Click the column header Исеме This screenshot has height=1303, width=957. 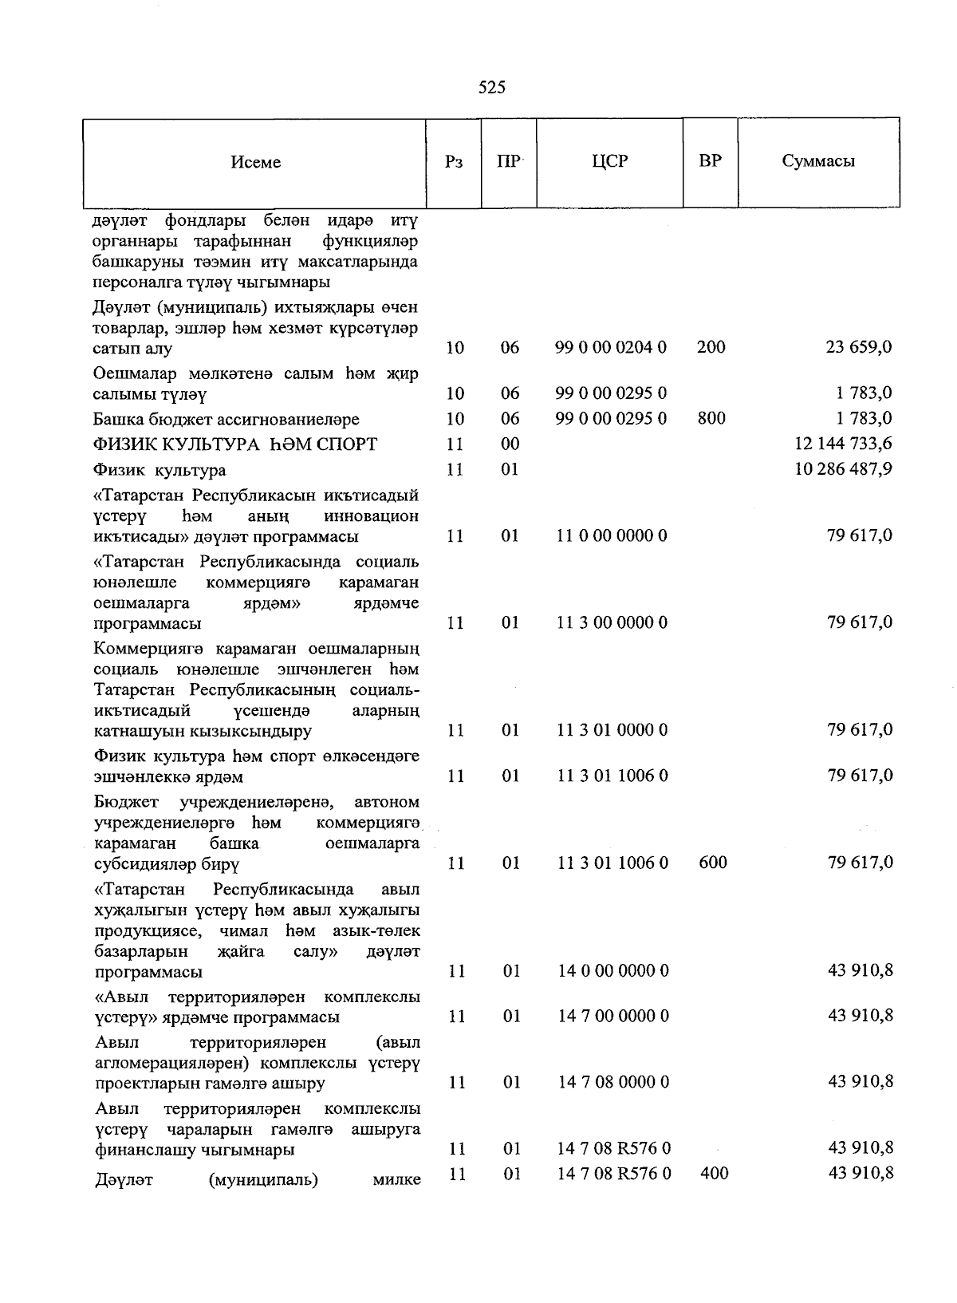pyautogui.click(x=255, y=162)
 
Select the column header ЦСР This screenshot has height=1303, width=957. pyautogui.click(x=610, y=161)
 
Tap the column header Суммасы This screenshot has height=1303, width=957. pyautogui.click(x=818, y=161)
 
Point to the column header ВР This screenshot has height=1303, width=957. pyautogui.click(x=710, y=161)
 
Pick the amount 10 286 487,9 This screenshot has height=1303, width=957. pyautogui.click(x=843, y=469)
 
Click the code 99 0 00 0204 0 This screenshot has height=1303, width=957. pyautogui.click(x=612, y=347)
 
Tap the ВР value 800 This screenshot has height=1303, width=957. pyautogui.click(x=711, y=418)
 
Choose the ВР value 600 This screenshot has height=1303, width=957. pyautogui.click(x=712, y=863)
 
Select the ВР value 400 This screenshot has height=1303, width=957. pyautogui.click(x=712, y=1173)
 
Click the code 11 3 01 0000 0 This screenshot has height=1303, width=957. pyautogui.click(x=612, y=730)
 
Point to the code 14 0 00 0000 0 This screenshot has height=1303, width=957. pyautogui.click(x=612, y=971)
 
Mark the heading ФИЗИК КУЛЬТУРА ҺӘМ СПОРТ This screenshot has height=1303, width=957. pyautogui.click(x=235, y=444)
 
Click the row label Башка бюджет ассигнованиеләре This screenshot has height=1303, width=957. pyautogui.click(x=226, y=419)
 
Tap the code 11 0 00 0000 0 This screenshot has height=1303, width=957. pyautogui.click(x=612, y=535)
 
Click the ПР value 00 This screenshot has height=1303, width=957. pyautogui.click(x=510, y=444)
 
